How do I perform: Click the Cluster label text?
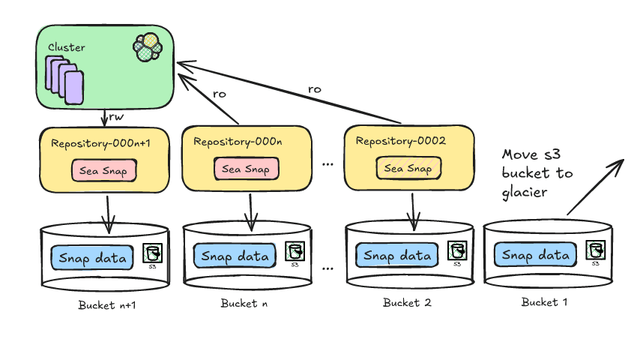click(x=66, y=47)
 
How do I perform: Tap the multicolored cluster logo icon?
click(x=148, y=47)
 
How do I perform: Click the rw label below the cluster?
click(x=116, y=117)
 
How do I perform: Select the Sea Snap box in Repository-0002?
click(x=409, y=168)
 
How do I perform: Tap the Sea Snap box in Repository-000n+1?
click(x=104, y=170)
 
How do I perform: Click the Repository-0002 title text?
click(x=401, y=141)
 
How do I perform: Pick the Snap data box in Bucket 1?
click(x=536, y=255)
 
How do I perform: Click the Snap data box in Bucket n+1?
click(x=92, y=258)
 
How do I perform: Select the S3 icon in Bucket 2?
click(x=456, y=251)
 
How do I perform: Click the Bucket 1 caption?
click(x=540, y=302)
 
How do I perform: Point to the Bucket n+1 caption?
click(x=107, y=305)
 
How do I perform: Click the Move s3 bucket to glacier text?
click(x=537, y=174)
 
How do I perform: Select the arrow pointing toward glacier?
click(x=596, y=188)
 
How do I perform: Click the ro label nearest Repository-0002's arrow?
click(x=314, y=88)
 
